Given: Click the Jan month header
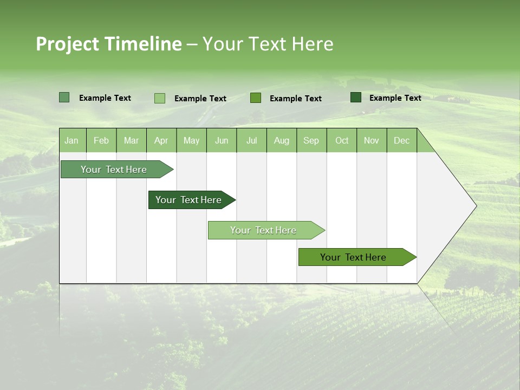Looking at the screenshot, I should pyautogui.click(x=71, y=140).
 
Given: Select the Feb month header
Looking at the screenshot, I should pyautogui.click(x=101, y=140).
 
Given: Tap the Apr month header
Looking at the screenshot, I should pyautogui.click(x=161, y=140).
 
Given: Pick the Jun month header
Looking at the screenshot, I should pyautogui.click(x=221, y=140).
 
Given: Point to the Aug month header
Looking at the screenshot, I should pyautogui.click(x=281, y=140).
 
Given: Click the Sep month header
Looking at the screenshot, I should pyautogui.click(x=311, y=140).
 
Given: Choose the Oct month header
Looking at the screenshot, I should pyautogui.click(x=341, y=140).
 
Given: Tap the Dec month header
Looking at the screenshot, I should pyautogui.click(x=401, y=140).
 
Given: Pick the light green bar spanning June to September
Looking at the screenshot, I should pyautogui.click(x=264, y=230).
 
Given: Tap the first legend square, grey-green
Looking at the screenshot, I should pyautogui.click(x=64, y=97).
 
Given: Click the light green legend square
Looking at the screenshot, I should pyautogui.click(x=159, y=98).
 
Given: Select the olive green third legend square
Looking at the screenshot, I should pyautogui.click(x=256, y=97).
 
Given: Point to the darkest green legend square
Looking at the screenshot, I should pyautogui.click(x=355, y=97).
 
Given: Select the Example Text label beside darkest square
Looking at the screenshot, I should pyautogui.click(x=395, y=97).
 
